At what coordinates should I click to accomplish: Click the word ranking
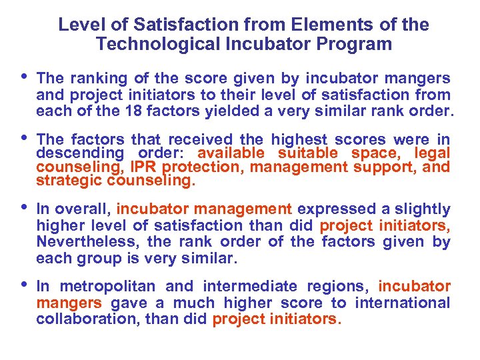click(x=93, y=78)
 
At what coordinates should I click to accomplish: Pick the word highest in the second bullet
click(x=299, y=139)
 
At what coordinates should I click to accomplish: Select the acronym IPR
click(x=145, y=167)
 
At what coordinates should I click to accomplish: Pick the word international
click(x=403, y=303)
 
